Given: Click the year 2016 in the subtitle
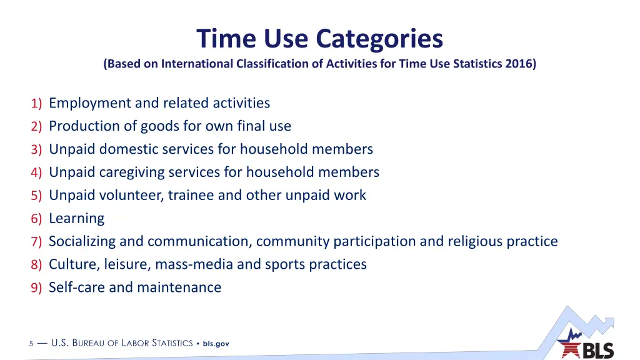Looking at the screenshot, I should pyautogui.click(x=520, y=64).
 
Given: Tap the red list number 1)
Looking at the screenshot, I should pyautogui.click(x=36, y=104).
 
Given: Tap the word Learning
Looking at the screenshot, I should pyautogui.click(x=76, y=219).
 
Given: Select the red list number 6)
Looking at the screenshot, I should pyautogui.click(x=36, y=219).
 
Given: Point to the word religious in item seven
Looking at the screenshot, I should pyautogui.click(x=475, y=241).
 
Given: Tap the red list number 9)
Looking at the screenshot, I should pyautogui.click(x=36, y=288).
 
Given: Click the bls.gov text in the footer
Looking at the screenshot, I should pyautogui.click(x=216, y=344).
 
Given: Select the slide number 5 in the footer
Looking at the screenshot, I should pyautogui.click(x=31, y=344).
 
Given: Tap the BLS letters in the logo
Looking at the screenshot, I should pyautogui.click(x=598, y=351).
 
